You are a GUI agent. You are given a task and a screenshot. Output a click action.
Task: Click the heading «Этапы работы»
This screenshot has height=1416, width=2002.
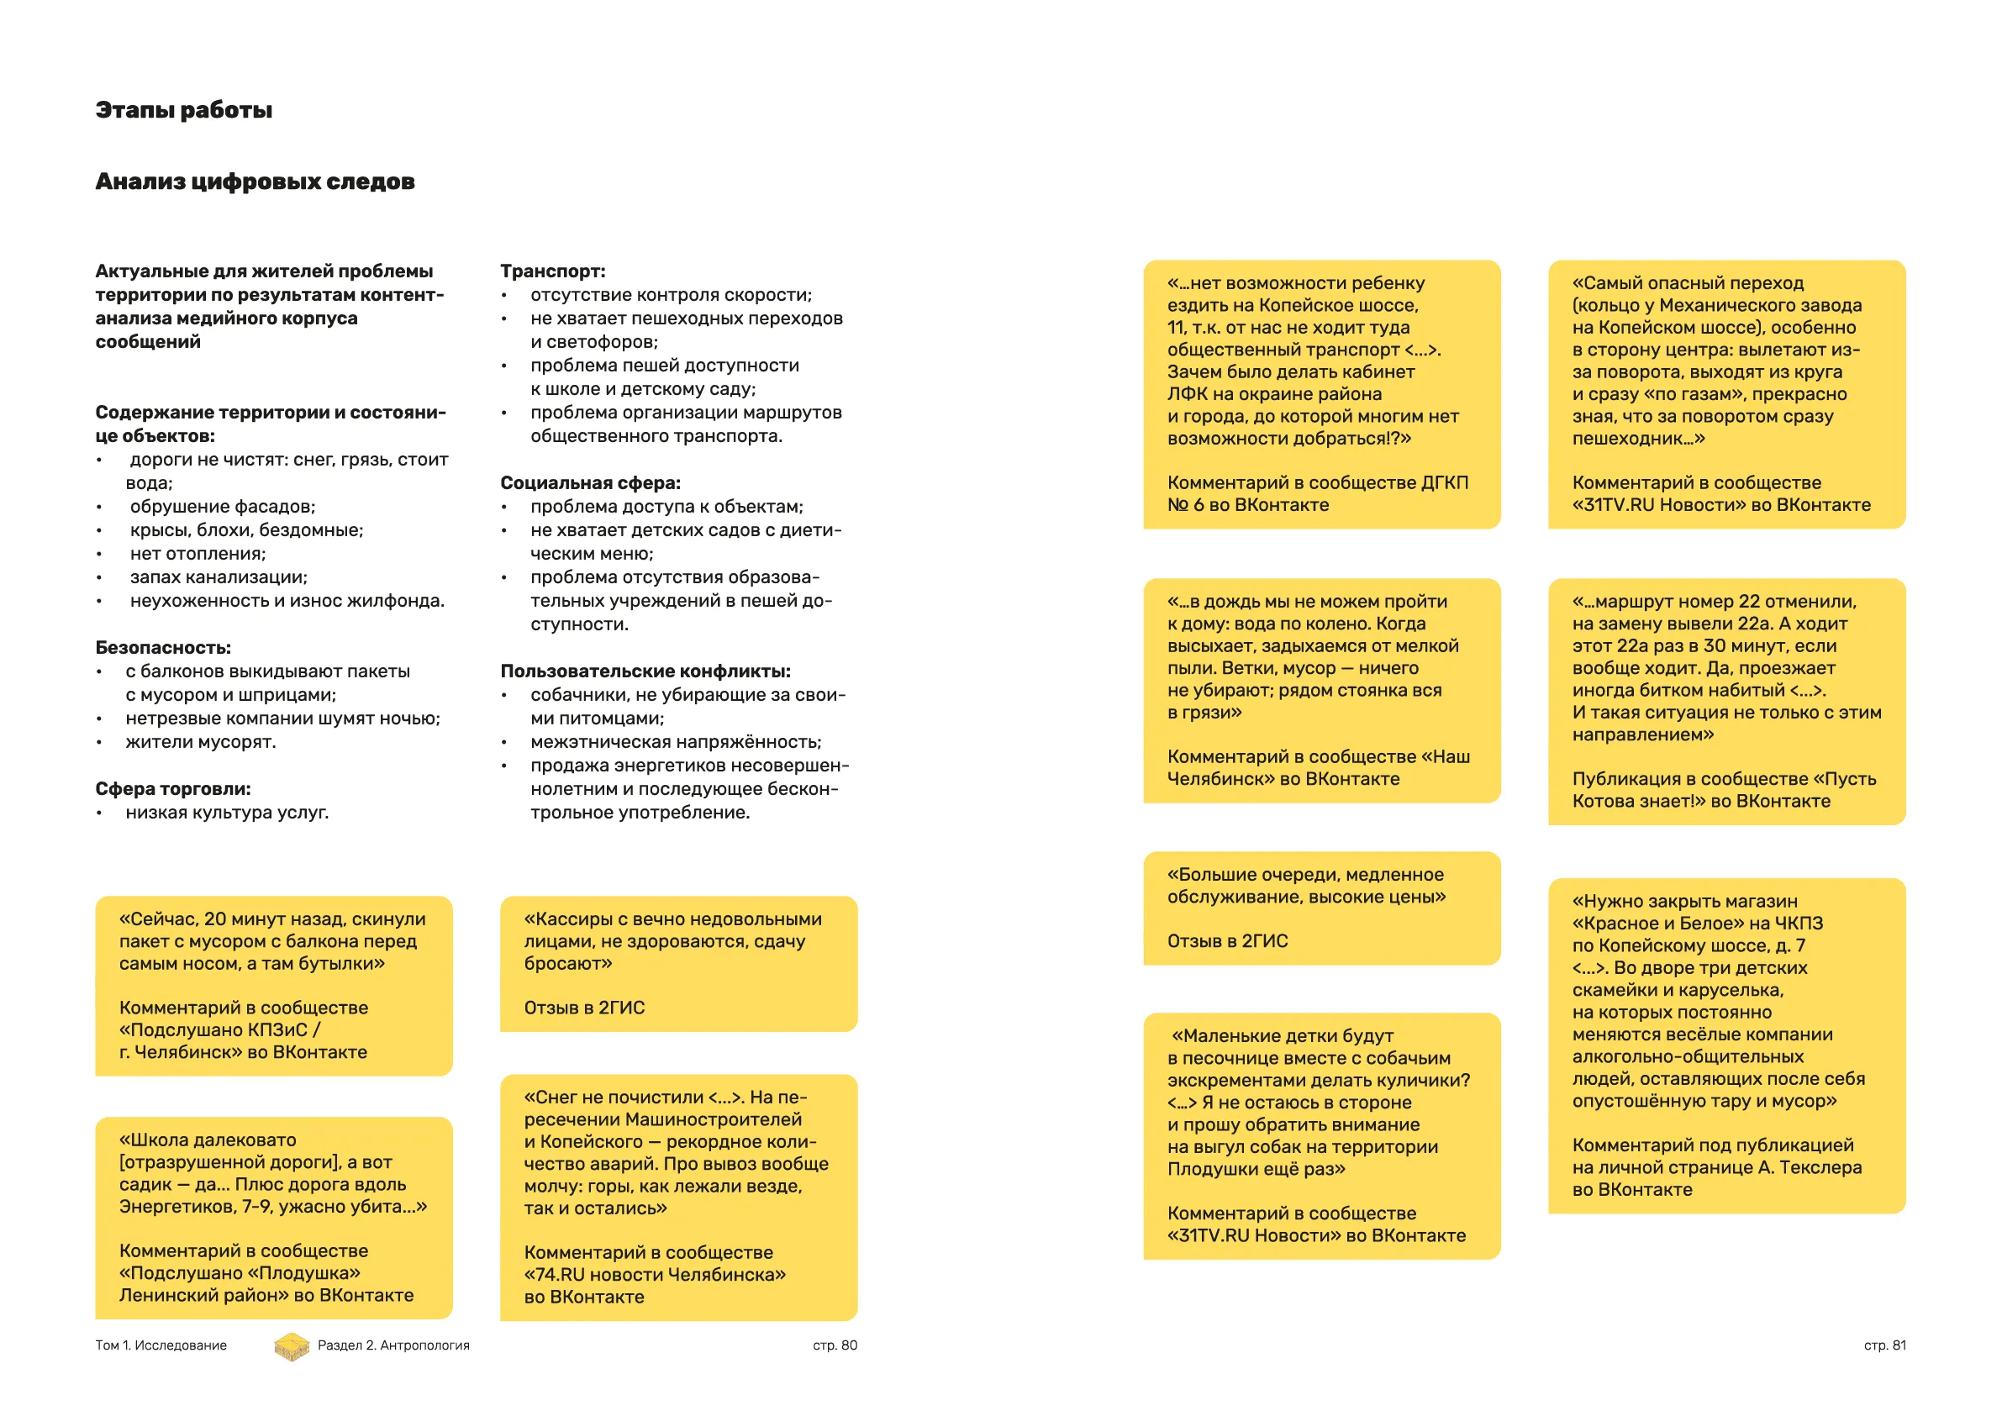184,110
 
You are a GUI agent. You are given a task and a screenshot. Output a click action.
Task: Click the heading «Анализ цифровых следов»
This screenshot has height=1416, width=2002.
255,182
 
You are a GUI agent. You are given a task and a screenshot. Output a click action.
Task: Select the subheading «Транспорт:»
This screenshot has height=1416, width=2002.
552,271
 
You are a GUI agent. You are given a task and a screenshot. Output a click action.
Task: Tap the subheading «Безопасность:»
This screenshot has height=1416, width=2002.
163,648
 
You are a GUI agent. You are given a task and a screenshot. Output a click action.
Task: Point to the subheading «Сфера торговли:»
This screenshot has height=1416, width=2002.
172,789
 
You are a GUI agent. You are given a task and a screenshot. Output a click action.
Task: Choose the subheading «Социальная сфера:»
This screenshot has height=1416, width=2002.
590,483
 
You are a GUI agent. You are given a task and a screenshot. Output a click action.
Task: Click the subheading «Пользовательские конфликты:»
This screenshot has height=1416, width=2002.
645,671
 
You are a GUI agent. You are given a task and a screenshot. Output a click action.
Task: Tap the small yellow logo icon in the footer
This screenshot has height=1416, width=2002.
292,1346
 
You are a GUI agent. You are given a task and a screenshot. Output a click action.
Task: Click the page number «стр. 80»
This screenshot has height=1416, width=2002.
835,1345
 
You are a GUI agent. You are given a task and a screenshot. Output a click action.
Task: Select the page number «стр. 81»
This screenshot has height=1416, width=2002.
1884,1345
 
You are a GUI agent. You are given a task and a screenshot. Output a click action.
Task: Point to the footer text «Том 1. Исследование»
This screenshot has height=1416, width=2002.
161,1345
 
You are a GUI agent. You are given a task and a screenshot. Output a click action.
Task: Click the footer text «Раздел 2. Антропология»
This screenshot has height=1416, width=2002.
393,1345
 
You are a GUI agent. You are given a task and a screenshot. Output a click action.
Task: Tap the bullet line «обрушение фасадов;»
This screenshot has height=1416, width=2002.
223,507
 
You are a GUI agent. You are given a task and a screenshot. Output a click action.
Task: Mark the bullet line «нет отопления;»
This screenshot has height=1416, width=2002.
198,554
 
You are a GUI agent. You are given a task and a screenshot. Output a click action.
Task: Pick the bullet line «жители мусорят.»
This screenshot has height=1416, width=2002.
201,742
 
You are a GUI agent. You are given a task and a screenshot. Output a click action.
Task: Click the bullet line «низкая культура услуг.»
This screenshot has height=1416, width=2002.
227,813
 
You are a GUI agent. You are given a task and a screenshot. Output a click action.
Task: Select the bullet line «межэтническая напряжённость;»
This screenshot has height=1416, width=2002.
676,742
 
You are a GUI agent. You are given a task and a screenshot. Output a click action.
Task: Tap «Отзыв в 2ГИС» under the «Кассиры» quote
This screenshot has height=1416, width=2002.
584,1008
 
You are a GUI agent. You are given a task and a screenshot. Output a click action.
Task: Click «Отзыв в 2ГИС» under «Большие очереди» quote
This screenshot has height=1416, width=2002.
1228,942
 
